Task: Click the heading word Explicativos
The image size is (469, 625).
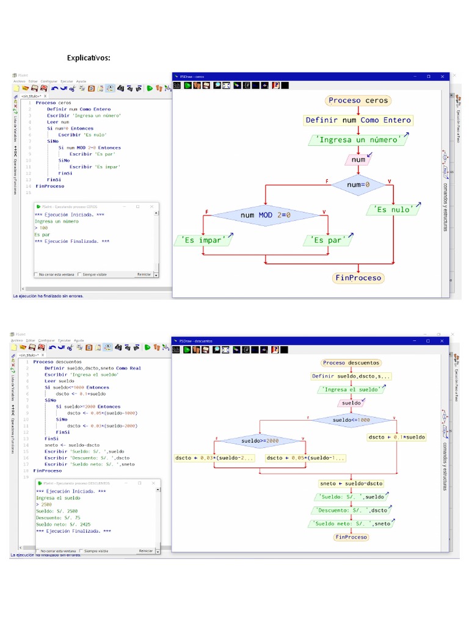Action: point(89,58)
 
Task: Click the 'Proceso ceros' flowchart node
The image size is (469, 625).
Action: point(358,101)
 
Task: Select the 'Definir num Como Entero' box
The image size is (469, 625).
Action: point(358,120)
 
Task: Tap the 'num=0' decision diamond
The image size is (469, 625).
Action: point(358,184)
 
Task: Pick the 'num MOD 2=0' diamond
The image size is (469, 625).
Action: point(266,215)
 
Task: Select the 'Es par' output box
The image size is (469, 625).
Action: point(327,240)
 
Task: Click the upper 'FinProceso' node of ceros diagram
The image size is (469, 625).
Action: point(358,278)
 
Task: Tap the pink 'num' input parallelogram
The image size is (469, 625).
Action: point(359,160)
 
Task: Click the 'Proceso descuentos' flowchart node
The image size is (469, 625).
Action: point(351,363)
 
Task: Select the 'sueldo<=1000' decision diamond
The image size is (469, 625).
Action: point(352,420)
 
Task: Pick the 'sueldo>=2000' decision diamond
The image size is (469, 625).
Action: point(260,441)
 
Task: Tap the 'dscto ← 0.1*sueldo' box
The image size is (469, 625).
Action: point(397,437)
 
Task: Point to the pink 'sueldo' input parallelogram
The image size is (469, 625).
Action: point(351,403)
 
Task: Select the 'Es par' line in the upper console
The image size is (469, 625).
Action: point(42,235)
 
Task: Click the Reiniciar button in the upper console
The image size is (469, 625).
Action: point(145,274)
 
